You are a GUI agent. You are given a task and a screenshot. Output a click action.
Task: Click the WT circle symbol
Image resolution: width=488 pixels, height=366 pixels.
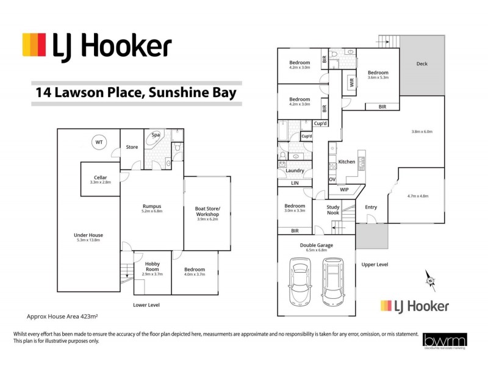pyautogui.click(x=98, y=142)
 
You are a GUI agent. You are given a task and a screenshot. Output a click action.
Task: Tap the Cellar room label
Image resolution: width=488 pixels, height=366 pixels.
pyautogui.click(x=101, y=178)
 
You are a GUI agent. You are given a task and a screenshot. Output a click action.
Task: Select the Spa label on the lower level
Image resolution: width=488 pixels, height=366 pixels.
pyautogui.click(x=156, y=135)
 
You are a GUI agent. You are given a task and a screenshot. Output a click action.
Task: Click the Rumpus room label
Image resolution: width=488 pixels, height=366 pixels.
pyautogui.click(x=152, y=206)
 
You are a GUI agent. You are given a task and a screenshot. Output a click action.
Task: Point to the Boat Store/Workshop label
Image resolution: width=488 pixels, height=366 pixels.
pyautogui.click(x=207, y=211)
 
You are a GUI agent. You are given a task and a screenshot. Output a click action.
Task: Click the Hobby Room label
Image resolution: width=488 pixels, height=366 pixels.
pyautogui.click(x=152, y=266)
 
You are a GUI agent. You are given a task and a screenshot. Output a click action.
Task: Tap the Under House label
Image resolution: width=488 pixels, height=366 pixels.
pyautogui.click(x=88, y=235)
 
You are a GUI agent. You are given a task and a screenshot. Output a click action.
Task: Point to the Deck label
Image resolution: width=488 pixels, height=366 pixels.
pyautogui.click(x=422, y=64)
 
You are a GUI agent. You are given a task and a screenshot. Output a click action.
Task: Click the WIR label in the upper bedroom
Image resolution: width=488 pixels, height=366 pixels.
pyautogui.click(x=351, y=82)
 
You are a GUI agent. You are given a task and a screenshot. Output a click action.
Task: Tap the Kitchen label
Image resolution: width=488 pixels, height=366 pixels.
pyautogui.click(x=346, y=162)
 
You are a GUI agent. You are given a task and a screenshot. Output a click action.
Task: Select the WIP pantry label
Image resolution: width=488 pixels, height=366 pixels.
pyautogui.click(x=344, y=190)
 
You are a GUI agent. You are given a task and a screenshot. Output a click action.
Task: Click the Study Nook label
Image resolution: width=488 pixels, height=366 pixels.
pyautogui.click(x=332, y=210)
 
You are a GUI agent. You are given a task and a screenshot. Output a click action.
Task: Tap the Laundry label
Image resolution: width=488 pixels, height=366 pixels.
pyautogui.click(x=295, y=170)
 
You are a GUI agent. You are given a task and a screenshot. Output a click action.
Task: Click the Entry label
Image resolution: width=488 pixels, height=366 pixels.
pyautogui.click(x=371, y=207)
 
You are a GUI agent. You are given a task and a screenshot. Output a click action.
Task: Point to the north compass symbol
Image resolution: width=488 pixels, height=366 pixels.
pyautogui.click(x=430, y=280)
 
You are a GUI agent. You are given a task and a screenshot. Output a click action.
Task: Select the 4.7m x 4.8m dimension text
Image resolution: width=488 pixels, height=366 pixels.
pyautogui.click(x=417, y=196)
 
